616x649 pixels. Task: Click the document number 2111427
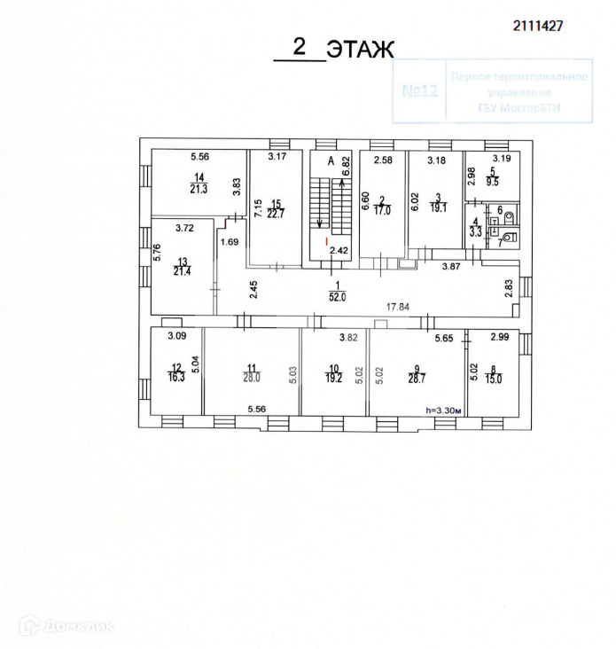538,26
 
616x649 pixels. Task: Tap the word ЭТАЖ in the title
359,50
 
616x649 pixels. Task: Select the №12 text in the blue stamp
421,91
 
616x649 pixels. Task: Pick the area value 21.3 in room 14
199,188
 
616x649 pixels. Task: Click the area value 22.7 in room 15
277,211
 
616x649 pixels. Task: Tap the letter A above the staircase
330,161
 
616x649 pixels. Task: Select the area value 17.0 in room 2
382,212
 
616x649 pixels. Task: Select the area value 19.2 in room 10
333,376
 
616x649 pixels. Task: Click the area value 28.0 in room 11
251,377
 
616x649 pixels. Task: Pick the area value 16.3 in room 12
177,376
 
